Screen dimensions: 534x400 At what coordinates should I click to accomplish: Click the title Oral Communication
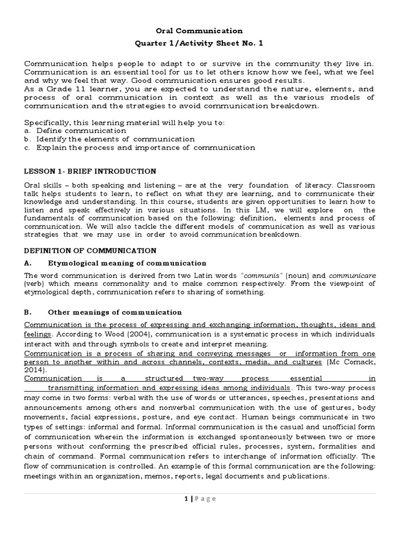tap(200, 31)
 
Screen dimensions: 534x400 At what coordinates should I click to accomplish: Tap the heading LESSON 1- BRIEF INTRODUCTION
tap(90, 171)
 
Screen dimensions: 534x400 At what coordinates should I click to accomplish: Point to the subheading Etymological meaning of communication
tap(127, 263)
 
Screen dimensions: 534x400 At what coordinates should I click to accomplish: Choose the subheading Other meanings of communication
tap(115, 312)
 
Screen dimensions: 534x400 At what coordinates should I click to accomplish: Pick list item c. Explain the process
tap(140, 148)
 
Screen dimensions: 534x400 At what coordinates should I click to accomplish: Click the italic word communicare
tap(352, 275)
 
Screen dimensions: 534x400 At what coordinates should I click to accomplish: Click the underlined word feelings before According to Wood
tap(37, 334)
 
